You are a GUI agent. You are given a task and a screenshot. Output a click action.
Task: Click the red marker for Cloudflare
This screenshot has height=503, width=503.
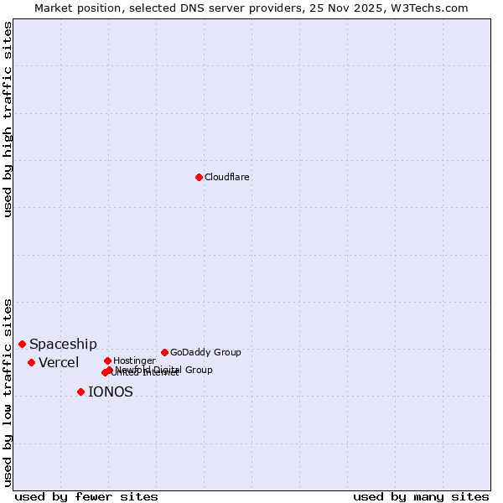(199, 177)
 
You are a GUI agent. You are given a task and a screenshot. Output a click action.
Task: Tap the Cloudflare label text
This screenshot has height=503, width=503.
(227, 177)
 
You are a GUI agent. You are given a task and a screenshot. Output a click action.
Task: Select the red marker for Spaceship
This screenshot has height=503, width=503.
(23, 344)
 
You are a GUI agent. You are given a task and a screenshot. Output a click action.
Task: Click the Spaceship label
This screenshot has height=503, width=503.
(63, 344)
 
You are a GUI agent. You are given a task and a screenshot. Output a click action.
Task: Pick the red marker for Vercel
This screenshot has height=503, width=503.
(31, 362)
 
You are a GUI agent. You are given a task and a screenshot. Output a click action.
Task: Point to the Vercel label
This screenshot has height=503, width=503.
(59, 362)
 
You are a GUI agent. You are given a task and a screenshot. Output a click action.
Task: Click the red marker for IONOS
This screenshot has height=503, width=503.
(80, 392)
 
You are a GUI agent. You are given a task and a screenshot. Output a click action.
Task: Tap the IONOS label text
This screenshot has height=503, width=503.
(111, 392)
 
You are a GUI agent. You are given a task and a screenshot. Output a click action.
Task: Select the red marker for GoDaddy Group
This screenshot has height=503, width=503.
(164, 352)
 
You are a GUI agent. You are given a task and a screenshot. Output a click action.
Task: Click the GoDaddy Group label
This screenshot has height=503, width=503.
(205, 352)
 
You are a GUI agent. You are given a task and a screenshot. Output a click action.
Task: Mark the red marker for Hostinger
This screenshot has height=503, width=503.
(107, 360)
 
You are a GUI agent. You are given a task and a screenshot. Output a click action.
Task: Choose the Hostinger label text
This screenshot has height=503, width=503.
(134, 360)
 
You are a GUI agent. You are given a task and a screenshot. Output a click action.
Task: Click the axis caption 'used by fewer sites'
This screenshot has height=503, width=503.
(86, 496)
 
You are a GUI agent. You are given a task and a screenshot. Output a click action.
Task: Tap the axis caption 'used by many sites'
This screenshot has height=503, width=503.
(421, 496)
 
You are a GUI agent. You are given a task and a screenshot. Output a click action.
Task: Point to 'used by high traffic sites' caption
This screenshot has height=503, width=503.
(8, 119)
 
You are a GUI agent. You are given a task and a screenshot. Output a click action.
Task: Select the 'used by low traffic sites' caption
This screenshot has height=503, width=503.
(8, 392)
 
